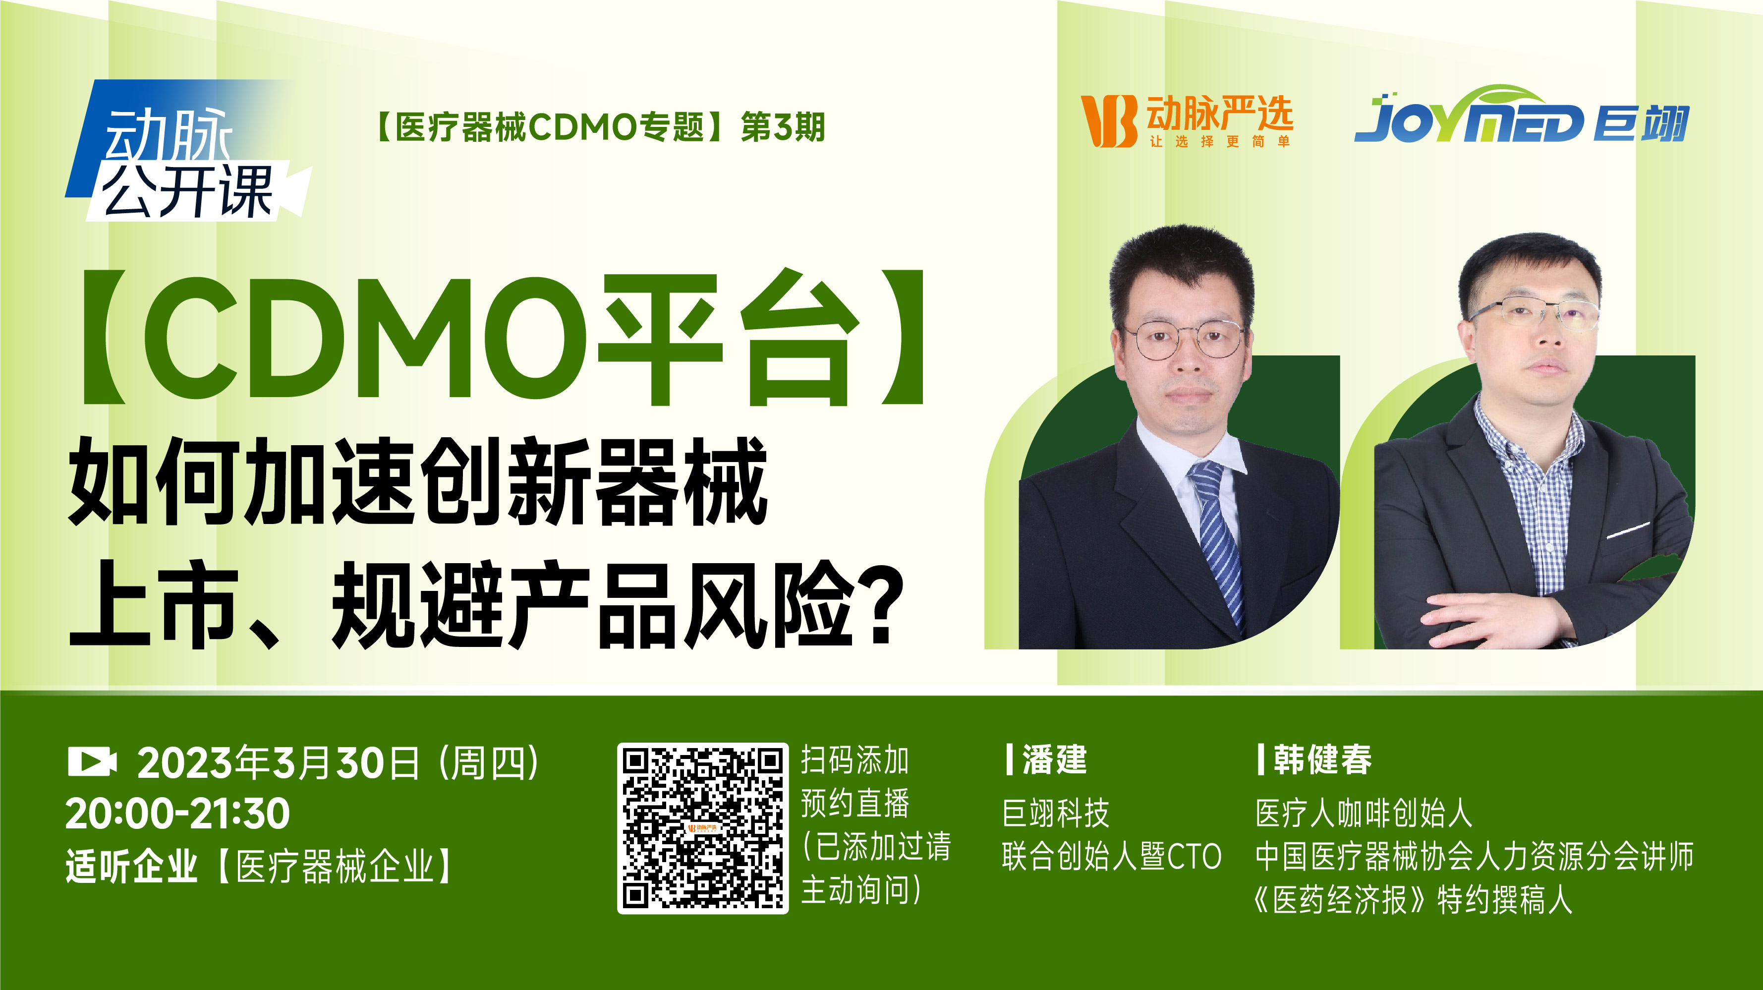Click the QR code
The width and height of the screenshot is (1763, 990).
703,828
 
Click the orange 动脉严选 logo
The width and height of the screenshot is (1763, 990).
1187,121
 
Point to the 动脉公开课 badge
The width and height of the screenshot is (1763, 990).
188,151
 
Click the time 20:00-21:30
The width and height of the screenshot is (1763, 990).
178,814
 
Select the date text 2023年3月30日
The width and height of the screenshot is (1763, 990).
279,762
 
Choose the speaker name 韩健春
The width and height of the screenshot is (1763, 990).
1323,760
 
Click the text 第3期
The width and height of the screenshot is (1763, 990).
784,127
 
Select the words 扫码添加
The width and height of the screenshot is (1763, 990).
855,760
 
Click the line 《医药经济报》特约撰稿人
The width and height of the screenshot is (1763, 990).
1412,900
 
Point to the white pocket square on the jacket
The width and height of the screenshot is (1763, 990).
1628,529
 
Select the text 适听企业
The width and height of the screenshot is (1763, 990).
131,866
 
